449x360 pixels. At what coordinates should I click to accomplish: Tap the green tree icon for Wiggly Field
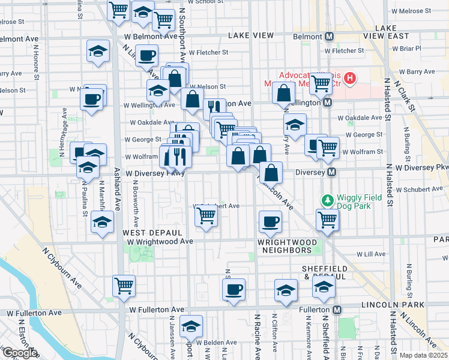coord(328,200)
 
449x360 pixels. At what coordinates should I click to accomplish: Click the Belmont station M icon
coord(330,37)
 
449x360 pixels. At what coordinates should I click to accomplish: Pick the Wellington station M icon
coord(328,103)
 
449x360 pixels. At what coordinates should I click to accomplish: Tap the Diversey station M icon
coord(331,172)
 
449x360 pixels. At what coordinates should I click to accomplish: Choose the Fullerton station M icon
coord(337,310)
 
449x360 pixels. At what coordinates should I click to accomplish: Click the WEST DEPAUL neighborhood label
coord(152,232)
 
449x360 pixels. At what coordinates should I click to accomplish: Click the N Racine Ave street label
coord(256,336)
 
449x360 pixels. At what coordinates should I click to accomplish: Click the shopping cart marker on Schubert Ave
coord(206,215)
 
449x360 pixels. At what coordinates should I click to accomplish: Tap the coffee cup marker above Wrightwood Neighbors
coord(270,221)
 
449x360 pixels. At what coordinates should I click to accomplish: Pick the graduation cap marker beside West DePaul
coord(103,222)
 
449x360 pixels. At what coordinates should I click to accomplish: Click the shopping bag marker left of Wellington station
coord(283,93)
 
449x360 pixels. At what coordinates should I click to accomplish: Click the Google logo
coord(20,353)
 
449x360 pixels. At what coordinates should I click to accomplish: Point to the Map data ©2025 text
coord(424,355)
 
